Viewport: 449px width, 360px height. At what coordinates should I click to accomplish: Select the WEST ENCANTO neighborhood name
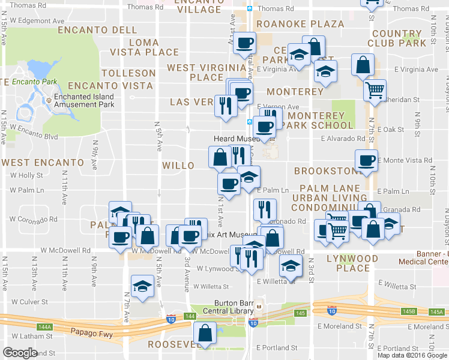43,163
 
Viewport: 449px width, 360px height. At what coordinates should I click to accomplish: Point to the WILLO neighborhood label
178,166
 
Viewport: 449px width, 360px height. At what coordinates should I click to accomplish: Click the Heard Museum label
236,138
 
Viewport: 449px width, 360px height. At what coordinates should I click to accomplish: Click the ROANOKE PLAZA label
300,25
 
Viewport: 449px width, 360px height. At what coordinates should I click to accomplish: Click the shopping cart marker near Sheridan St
375,91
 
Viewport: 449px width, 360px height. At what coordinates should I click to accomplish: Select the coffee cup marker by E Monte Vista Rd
366,160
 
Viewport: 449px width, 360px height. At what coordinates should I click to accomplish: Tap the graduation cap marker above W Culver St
143,285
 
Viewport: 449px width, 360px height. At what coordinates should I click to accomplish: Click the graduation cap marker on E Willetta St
291,265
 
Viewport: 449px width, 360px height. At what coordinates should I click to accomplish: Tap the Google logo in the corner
19,352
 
